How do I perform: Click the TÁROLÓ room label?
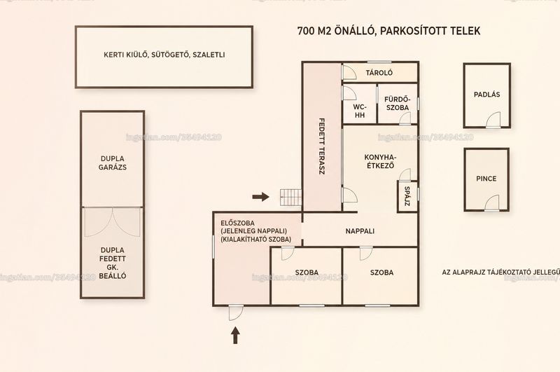click(x=379, y=73)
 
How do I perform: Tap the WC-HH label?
click(x=360, y=111)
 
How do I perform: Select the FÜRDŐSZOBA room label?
click(x=397, y=103)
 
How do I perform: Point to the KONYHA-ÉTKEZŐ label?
click(x=381, y=161)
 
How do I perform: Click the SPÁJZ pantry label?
click(x=407, y=196)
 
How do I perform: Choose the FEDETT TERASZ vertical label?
click(x=321, y=146)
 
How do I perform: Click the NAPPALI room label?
click(x=360, y=231)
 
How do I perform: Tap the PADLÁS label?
click(x=486, y=95)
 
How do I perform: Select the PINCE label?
click(x=486, y=179)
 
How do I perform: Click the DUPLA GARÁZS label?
click(x=113, y=163)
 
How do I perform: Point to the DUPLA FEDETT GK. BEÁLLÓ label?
click(x=113, y=263)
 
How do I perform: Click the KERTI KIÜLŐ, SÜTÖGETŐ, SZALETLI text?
click(x=164, y=55)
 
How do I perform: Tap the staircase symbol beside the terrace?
click(x=290, y=198)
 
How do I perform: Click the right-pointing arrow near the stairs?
click(x=260, y=197)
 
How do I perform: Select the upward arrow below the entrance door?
click(x=235, y=335)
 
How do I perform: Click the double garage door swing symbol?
click(x=113, y=222)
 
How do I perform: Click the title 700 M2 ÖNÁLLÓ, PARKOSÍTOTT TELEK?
click(x=389, y=31)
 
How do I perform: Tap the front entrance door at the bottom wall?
click(x=236, y=313)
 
